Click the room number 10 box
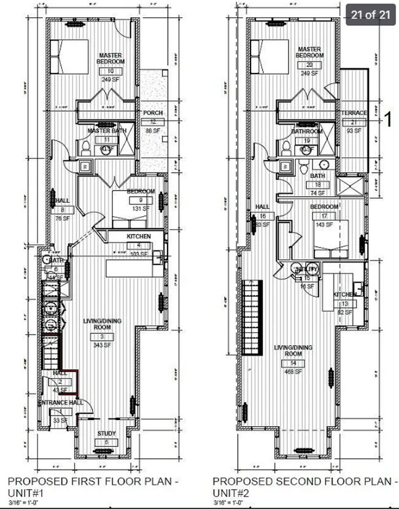tap(111, 71)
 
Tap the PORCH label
tap(152, 114)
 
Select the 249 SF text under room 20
tap(309, 73)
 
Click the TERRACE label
tap(354, 113)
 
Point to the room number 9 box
tap(141, 200)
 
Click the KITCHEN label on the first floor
tap(139, 237)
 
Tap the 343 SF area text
tap(103, 346)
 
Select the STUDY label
tap(106, 434)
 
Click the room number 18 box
tap(318, 184)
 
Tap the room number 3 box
tap(103, 337)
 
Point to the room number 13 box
tap(345, 304)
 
